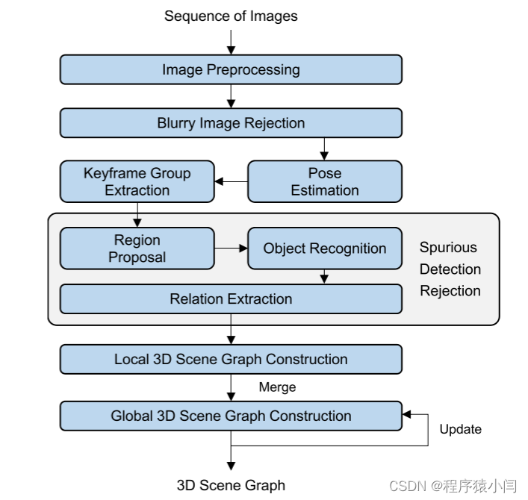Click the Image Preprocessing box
tap(231, 70)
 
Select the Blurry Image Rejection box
tap(231, 123)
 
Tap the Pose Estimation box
tap(324, 181)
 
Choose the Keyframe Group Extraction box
tap(137, 181)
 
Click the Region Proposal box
tap(137, 249)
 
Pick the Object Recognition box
tap(324, 249)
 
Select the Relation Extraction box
tap(231, 299)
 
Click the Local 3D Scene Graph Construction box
tap(231, 359)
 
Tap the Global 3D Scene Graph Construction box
tap(231, 416)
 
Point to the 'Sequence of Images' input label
tap(231, 16)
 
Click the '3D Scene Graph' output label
tap(231, 485)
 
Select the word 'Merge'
tap(277, 387)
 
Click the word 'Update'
tap(460, 429)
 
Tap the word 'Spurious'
tap(448, 248)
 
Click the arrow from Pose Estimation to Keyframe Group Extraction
tap(231, 181)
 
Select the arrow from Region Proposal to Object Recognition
tap(230, 249)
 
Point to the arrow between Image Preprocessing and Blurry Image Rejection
tap(231, 96)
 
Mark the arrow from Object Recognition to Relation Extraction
tap(324, 277)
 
